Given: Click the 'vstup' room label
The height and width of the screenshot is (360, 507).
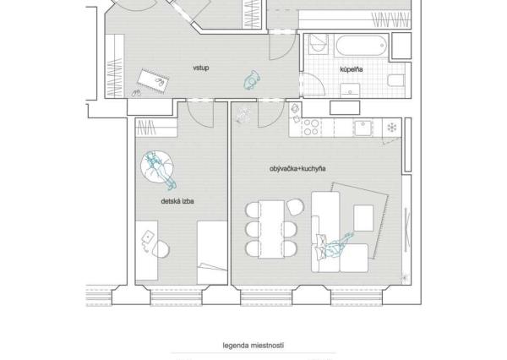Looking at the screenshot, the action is [x=201, y=68].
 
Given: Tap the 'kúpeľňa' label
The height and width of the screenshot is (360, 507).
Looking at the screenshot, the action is [x=352, y=69].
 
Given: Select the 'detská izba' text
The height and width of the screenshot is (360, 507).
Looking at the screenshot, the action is [x=177, y=201].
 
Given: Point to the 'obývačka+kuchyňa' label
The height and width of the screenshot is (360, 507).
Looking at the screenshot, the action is [x=297, y=169].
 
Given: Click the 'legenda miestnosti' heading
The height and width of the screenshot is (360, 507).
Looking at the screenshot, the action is [x=253, y=346].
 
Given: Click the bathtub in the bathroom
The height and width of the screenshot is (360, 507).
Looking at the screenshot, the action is [x=361, y=46].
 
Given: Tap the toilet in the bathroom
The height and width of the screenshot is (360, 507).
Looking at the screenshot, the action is [x=396, y=80].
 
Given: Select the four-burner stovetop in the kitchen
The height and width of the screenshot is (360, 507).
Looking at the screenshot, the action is [x=311, y=127].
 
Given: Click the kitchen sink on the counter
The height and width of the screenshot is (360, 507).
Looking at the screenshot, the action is [x=363, y=128].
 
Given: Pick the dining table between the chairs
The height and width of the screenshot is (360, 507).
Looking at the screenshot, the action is [x=271, y=229].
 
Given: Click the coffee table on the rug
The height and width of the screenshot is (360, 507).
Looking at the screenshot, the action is [x=363, y=218].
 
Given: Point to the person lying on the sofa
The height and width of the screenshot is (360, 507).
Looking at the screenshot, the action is [x=335, y=245].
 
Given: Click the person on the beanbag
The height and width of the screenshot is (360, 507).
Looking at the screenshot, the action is [x=160, y=170].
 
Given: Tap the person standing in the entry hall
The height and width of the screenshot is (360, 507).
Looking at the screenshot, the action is [x=252, y=80].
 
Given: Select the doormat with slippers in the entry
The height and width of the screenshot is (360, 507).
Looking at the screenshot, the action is [x=153, y=81].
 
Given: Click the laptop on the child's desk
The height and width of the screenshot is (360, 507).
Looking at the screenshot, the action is [x=147, y=237].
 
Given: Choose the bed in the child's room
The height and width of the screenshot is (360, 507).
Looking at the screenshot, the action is [x=212, y=253].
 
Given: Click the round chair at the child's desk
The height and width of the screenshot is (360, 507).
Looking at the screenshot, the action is [x=161, y=248].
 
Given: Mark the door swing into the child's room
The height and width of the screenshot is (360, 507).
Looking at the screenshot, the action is [x=199, y=114].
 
